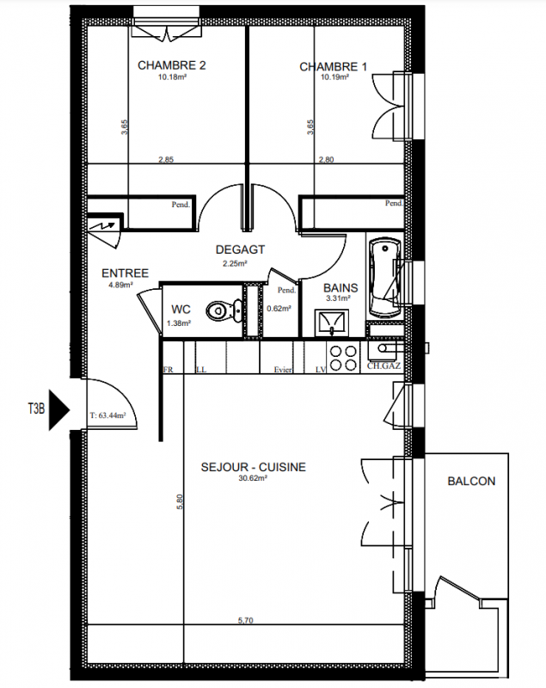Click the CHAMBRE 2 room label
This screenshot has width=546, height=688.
click(x=171, y=65)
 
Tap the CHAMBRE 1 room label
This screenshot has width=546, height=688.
click(x=334, y=67)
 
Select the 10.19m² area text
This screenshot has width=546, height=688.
click(x=335, y=77)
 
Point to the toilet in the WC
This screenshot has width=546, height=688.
click(x=224, y=310)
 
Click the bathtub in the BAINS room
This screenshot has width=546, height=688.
click(x=385, y=277)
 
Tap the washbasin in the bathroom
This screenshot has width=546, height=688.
click(x=332, y=323)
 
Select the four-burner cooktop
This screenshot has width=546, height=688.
click(x=343, y=358)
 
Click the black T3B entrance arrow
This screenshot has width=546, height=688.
click(x=59, y=410)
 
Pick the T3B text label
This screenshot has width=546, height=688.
click(x=36, y=409)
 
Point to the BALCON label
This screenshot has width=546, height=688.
click(x=471, y=482)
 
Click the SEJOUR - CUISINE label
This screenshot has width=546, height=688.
click(x=254, y=467)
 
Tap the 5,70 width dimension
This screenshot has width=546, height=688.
click(x=246, y=620)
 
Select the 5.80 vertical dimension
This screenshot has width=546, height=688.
click(x=179, y=502)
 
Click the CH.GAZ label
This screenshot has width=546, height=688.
click(x=383, y=365)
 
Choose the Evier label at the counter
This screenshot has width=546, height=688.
click(x=283, y=370)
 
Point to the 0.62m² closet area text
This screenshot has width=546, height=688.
click(x=279, y=309)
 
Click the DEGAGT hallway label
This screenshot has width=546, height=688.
click(x=241, y=249)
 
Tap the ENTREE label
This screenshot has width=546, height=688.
click(x=125, y=273)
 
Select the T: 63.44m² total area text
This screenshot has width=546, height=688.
click(x=107, y=415)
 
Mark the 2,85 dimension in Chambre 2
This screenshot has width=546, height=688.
click(x=166, y=160)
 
